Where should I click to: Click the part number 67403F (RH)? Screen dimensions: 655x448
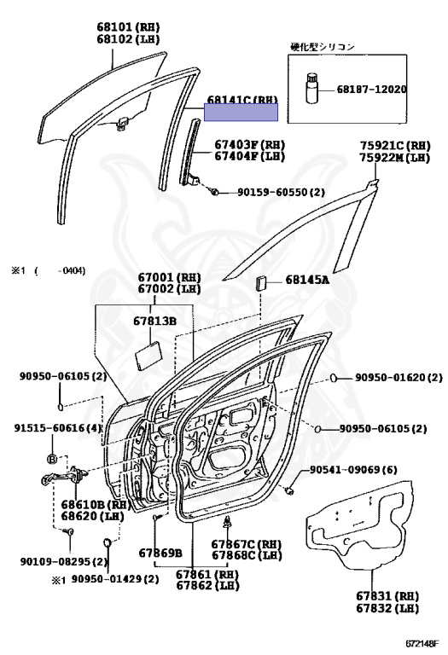pos(249,144)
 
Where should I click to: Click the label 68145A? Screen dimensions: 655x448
pos(307,279)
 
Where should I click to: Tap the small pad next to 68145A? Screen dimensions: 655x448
pos(263,282)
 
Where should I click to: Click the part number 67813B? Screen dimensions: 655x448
pos(154,321)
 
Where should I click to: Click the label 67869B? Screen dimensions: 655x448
pos(160,553)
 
